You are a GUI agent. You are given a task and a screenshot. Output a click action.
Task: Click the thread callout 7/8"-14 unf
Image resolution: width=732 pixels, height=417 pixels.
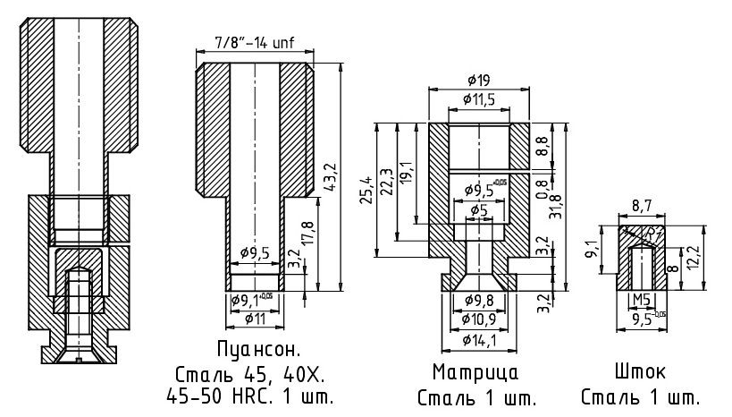click(x=255, y=42)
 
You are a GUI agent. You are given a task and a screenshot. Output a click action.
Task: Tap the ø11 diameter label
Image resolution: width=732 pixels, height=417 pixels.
click(x=255, y=318)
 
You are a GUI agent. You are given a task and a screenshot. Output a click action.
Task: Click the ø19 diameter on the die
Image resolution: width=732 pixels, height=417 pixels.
click(x=478, y=81)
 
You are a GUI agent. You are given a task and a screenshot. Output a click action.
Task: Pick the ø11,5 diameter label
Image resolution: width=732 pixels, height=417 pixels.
click(x=479, y=98)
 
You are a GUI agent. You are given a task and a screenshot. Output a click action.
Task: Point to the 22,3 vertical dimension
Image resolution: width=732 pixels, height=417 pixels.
click(x=386, y=179)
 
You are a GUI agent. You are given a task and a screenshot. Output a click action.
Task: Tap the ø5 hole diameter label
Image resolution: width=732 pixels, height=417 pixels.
click(x=479, y=210)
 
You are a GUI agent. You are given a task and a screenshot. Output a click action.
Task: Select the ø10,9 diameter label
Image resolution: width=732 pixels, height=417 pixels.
click(x=479, y=319)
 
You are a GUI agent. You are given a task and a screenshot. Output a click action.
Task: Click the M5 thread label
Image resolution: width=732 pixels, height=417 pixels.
click(x=641, y=299)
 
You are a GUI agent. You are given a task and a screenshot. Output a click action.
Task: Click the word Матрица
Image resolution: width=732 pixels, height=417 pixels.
click(x=475, y=371)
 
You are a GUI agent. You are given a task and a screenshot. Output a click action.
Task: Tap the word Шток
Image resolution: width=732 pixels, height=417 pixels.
click(x=640, y=371)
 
